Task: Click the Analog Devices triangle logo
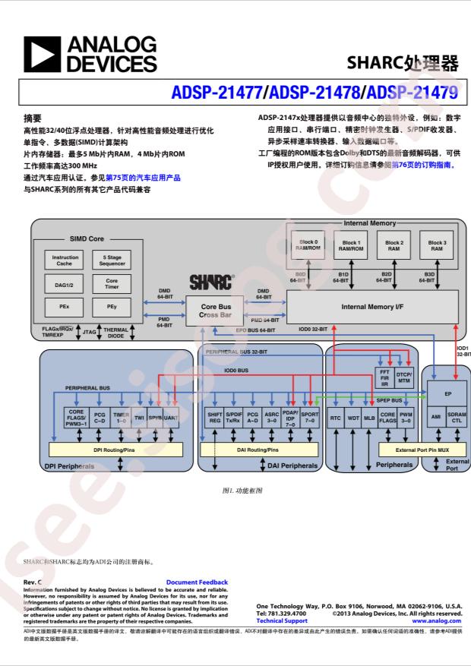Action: tap(42, 54)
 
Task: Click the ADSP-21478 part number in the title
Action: tap(315, 93)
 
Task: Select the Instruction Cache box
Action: tap(65, 260)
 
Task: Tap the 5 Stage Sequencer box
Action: tap(112, 260)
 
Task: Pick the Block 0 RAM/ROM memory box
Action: tap(308, 245)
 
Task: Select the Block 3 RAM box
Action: tap(437, 245)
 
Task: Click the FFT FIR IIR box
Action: tap(384, 377)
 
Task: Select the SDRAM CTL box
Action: tap(457, 418)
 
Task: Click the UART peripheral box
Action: tap(170, 418)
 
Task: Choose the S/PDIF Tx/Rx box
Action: tap(233, 418)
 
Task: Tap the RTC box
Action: tap(335, 418)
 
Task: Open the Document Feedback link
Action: tap(197, 582)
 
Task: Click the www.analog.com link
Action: tap(437, 620)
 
